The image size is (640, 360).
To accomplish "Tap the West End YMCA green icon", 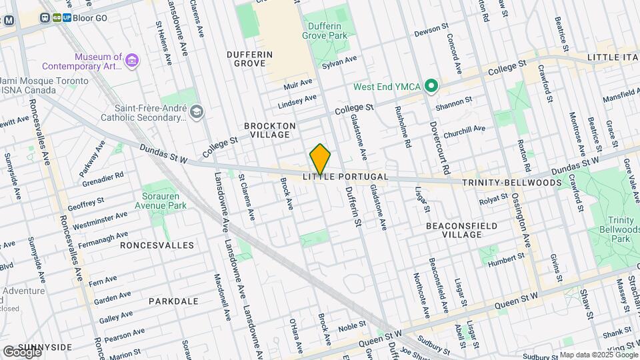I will [x=431, y=85].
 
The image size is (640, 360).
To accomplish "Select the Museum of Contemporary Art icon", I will [x=132, y=61].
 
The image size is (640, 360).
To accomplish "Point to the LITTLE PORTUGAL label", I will [x=345, y=177].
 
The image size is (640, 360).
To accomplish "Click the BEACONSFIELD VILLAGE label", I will [x=461, y=230].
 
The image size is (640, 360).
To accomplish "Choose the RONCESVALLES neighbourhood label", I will [x=157, y=245].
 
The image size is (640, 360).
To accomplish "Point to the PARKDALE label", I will [x=173, y=301].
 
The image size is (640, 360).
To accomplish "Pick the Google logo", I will [x=21, y=351].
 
